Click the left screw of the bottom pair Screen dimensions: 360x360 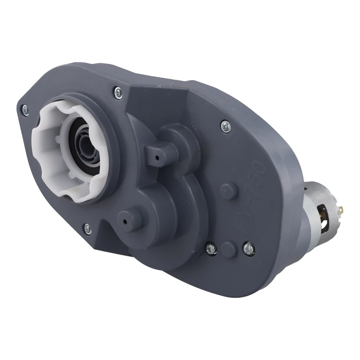point(210,247)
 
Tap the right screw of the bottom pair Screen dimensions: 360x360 point(247,247)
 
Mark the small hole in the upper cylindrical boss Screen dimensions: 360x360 point(158,157)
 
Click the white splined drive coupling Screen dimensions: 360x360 point(49,148)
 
